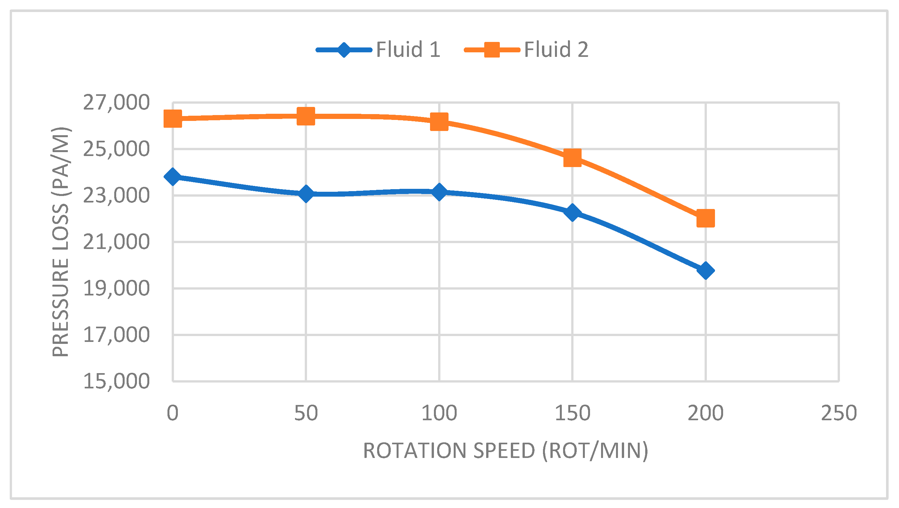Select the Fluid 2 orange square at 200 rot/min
[x=705, y=218]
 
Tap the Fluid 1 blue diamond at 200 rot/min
[x=705, y=271]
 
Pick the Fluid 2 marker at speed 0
[x=173, y=118]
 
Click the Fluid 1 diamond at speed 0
[x=173, y=176]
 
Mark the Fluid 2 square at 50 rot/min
[x=306, y=116]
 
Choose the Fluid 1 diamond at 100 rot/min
[x=439, y=192]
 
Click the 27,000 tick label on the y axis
[x=116, y=103]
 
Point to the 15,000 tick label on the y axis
[x=116, y=381]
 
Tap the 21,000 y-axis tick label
[x=116, y=242]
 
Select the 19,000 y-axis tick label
[x=116, y=288]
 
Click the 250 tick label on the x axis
[x=839, y=413]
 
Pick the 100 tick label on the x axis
[x=439, y=413]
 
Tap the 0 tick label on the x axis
[x=173, y=413]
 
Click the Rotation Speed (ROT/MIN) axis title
[x=505, y=451]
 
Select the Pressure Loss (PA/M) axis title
[x=61, y=242]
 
